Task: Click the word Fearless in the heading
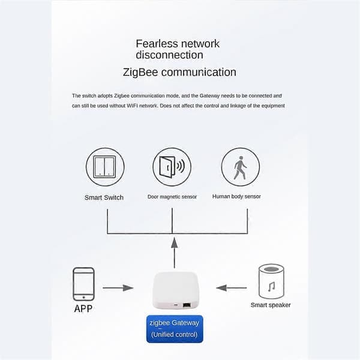(x=157, y=44)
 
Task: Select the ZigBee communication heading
(x=179, y=73)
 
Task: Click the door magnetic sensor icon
(x=172, y=167)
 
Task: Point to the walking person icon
(x=240, y=168)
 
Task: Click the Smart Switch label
(x=104, y=197)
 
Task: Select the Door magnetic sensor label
(x=172, y=197)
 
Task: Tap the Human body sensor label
(x=236, y=197)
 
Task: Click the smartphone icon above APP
(x=83, y=284)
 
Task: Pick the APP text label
(x=83, y=308)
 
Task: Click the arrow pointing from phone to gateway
(x=118, y=287)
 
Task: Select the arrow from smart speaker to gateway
(x=232, y=287)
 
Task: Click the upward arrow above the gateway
(x=175, y=253)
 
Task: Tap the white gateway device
(x=175, y=290)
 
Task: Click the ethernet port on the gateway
(x=187, y=305)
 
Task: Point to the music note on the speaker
(x=271, y=287)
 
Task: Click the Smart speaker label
(x=271, y=305)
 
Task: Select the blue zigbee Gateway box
(x=175, y=329)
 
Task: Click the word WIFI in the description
(x=133, y=106)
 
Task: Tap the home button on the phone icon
(x=83, y=298)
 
